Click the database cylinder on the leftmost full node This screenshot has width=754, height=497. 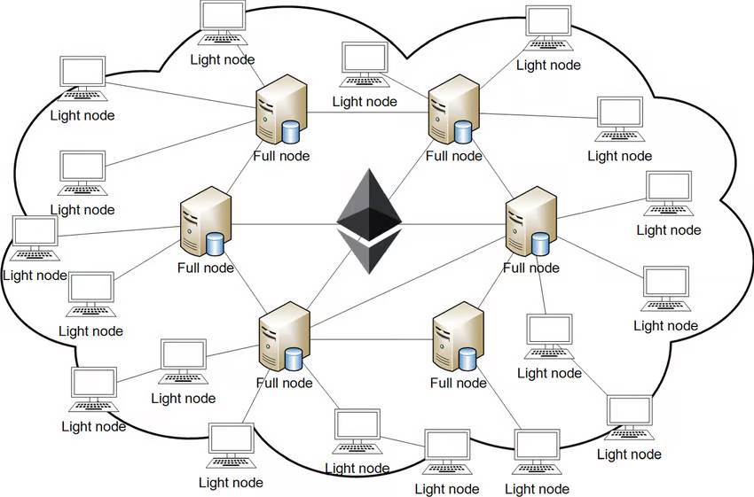pos(215,244)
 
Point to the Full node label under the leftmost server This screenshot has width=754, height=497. pos(206,268)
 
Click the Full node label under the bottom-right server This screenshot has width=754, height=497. pos(458,383)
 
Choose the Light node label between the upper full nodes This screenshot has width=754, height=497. pos(365,101)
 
